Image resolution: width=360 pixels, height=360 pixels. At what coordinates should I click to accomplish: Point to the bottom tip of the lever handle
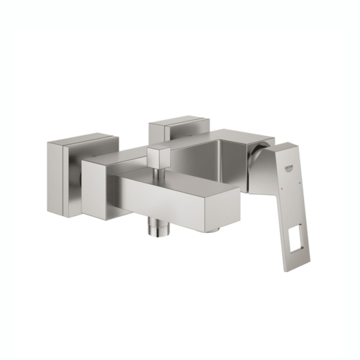tap(294, 268)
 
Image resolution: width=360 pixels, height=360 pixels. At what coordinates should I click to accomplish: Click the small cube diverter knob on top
tap(159, 156)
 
